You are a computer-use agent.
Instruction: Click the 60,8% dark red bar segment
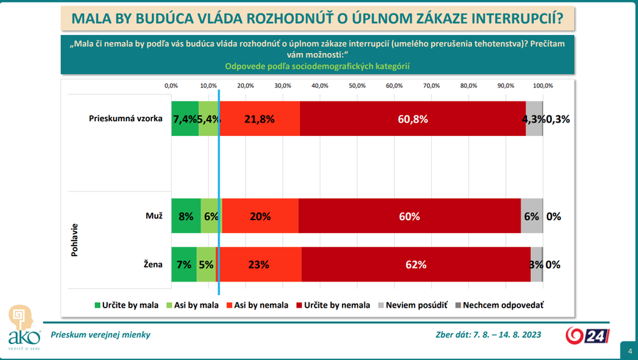pyautogui.click(x=412, y=119)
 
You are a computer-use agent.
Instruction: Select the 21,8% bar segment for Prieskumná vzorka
pyautogui.click(x=260, y=119)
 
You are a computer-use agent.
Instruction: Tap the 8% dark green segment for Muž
pyautogui.click(x=186, y=216)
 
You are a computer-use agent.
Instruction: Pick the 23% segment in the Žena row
pyautogui.click(x=260, y=264)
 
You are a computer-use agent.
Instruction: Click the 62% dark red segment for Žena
pyautogui.click(x=415, y=264)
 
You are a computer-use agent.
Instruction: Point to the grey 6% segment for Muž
pyautogui.click(x=532, y=216)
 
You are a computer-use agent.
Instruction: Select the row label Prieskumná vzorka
pyautogui.click(x=126, y=119)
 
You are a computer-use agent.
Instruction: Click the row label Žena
pyautogui.click(x=153, y=264)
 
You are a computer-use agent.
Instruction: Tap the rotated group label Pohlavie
pyautogui.click(x=75, y=240)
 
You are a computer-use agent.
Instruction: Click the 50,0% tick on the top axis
pyautogui.click(x=357, y=86)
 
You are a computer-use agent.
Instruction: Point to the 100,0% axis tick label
pyautogui.click(x=543, y=86)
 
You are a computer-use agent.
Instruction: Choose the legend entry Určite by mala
pyautogui.click(x=125, y=305)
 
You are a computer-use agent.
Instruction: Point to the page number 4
pyautogui.click(x=630, y=350)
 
